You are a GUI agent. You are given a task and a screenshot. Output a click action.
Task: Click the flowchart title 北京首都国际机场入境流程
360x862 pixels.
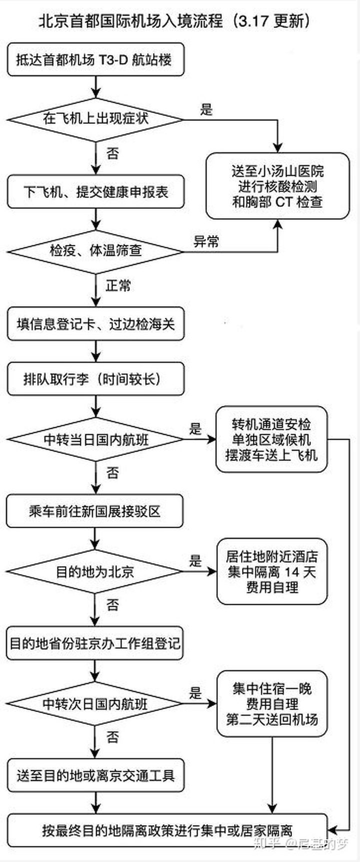[x=174, y=21]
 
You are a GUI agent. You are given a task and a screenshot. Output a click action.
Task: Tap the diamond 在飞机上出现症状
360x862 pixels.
[x=95, y=119]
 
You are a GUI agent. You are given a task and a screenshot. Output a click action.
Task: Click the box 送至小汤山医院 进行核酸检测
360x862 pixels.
[x=277, y=186]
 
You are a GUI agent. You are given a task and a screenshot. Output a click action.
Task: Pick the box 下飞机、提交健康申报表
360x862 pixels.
[x=95, y=192]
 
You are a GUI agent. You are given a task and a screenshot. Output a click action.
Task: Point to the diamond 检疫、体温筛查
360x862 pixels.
[x=95, y=251]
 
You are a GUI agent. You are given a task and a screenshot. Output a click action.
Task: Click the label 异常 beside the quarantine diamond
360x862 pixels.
[x=206, y=242]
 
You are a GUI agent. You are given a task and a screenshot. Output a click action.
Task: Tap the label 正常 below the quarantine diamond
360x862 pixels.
[x=118, y=286]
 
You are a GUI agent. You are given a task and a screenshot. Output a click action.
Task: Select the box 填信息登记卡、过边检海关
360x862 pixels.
[x=95, y=324]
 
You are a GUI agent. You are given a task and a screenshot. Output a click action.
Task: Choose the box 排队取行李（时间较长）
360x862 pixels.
[x=95, y=379]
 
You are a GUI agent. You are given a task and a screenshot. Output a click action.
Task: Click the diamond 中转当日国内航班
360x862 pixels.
[x=95, y=440]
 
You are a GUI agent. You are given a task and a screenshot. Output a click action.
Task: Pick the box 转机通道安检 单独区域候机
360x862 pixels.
[x=271, y=440]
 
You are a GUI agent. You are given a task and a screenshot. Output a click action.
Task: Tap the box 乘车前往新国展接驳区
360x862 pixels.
[x=95, y=512]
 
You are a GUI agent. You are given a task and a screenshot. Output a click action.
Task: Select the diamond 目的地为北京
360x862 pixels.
[x=95, y=571]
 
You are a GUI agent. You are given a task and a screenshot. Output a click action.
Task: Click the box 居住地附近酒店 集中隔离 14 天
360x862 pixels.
[x=271, y=571]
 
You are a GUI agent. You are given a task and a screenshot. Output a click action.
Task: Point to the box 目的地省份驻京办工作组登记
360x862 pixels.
[x=95, y=643]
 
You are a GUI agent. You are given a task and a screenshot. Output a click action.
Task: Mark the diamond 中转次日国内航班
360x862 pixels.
[x=95, y=704]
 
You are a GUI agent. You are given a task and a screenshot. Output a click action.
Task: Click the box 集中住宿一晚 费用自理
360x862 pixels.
[x=271, y=704]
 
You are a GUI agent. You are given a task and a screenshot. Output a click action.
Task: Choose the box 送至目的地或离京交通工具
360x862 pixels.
[x=95, y=776]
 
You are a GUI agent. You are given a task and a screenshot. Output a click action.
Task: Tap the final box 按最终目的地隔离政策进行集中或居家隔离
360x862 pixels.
[x=167, y=831]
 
